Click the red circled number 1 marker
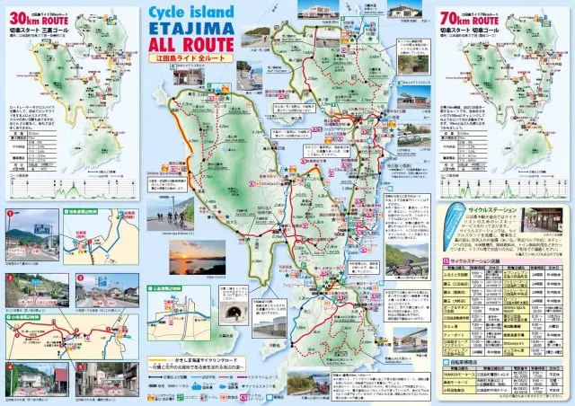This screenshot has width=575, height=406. [x=8, y=215]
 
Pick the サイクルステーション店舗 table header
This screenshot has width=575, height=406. [x=481, y=261]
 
